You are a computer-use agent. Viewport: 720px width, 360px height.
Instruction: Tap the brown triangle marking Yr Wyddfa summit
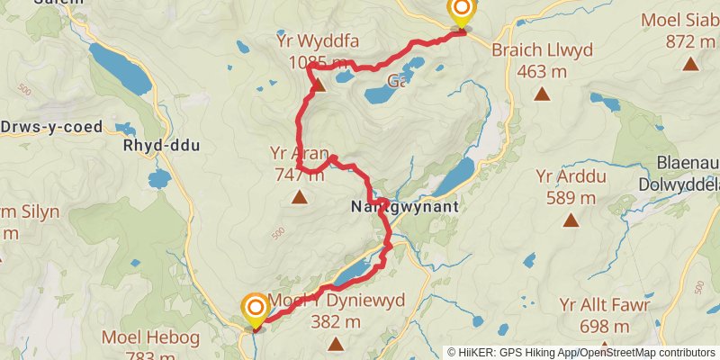[318, 85]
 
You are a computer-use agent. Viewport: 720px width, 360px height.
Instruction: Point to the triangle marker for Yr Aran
[298, 197]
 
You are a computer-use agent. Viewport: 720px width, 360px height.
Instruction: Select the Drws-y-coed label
[52, 127]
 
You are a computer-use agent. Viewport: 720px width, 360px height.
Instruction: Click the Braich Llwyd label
[542, 50]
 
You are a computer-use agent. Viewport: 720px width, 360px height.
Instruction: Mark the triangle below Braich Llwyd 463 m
[542, 94]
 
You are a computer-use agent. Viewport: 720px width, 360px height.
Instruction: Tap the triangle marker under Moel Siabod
[690, 63]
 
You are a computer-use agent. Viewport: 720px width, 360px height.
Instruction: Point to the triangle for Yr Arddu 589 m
[570, 220]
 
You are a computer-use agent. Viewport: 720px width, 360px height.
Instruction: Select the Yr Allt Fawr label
[604, 305]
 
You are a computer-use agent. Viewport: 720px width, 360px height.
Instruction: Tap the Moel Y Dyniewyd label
[345, 301]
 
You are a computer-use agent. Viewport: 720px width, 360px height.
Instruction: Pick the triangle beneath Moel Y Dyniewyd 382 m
[336, 343]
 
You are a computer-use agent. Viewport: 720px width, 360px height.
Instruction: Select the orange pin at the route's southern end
[255, 310]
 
